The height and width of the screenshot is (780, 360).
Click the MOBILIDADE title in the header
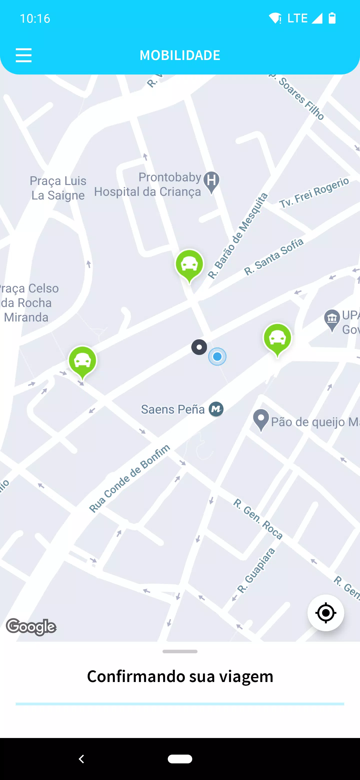coord(180,55)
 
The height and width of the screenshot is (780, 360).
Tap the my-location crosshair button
coord(325,612)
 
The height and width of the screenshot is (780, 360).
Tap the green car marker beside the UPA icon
coord(277,338)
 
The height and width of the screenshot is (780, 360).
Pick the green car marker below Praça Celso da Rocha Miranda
coord(82,361)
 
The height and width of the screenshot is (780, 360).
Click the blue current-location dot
coord(217,357)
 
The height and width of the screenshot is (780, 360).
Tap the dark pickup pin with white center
coord(199,347)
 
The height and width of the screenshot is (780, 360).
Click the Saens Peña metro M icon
coord(216,409)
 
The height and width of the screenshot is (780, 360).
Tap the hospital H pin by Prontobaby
coord(211,181)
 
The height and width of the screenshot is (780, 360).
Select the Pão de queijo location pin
coord(261,419)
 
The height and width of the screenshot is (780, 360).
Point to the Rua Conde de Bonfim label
coord(129,479)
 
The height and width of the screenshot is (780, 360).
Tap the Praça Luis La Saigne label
coord(58,188)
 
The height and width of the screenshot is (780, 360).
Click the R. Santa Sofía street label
coord(274,257)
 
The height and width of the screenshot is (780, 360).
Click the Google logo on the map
coord(31,626)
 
